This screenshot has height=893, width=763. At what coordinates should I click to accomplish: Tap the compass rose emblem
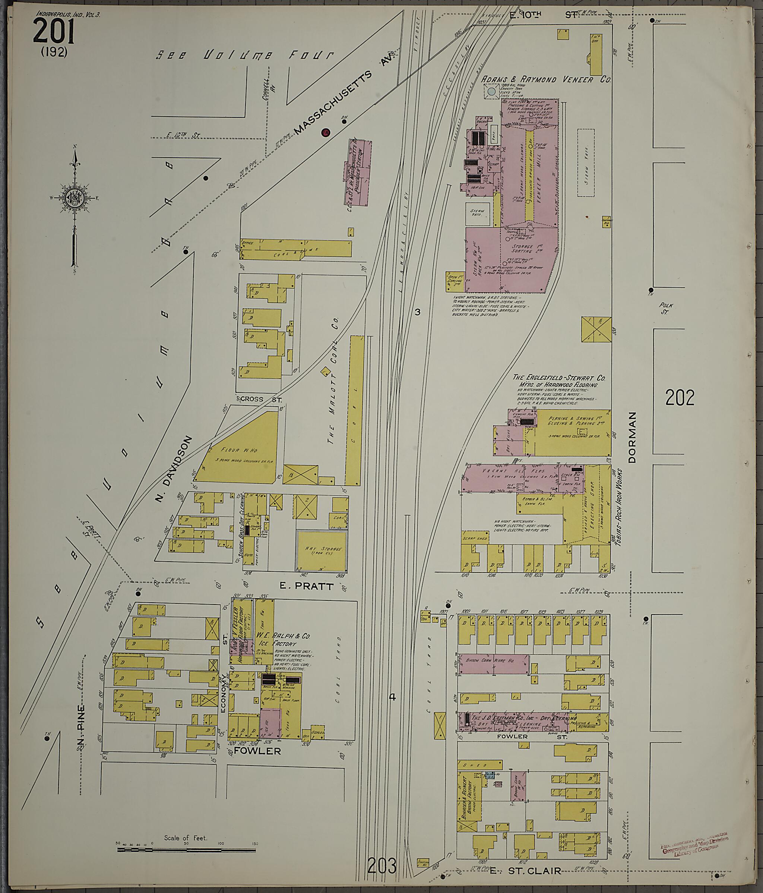click(74, 198)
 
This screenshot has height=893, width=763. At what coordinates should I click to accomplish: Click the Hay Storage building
click(322, 550)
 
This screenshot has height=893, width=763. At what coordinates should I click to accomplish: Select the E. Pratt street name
click(306, 587)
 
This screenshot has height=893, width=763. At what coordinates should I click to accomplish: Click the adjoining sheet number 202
click(680, 398)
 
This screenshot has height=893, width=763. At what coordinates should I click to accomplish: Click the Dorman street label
click(632, 438)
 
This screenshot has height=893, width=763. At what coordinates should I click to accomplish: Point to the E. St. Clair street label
click(525, 871)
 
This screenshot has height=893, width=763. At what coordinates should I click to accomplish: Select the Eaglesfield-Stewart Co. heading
click(559, 378)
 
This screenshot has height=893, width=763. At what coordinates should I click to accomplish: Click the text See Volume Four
click(244, 55)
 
